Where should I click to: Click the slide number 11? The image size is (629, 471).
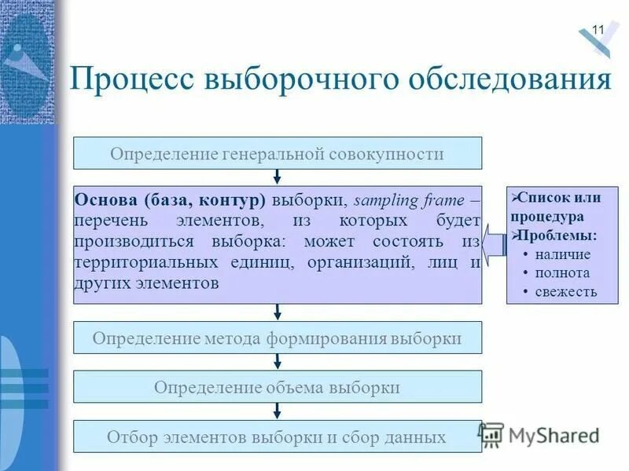tap(598, 30)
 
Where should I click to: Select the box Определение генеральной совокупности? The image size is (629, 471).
tap(277, 153)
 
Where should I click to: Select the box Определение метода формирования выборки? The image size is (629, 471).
tap(277, 338)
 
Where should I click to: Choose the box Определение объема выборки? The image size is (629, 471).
tap(277, 387)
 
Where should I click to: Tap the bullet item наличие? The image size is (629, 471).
tap(561, 254)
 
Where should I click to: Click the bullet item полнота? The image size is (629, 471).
tap(561, 272)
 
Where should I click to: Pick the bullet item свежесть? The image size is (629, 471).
tap(565, 291)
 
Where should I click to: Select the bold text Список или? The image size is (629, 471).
tap(559, 198)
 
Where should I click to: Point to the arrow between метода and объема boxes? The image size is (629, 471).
tap(277, 361)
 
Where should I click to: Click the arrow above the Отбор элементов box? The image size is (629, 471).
tap(277, 411)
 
